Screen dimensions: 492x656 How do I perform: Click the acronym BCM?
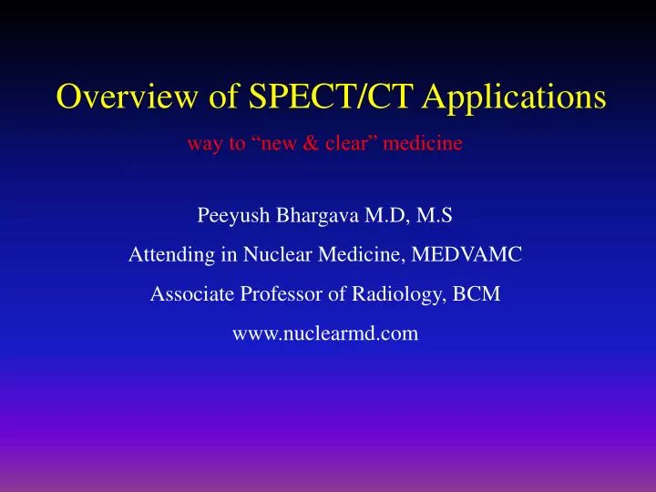coord(481,296)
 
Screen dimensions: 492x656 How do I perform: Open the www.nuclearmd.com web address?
coord(326,334)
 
